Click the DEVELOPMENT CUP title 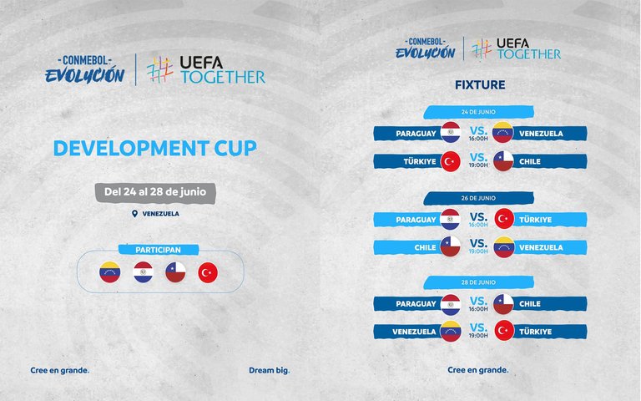(x=155, y=148)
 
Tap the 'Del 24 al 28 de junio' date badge (x=155, y=193)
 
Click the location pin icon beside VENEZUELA (x=134, y=214)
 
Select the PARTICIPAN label (x=159, y=250)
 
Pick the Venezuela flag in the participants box (x=110, y=272)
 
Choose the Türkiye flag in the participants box (x=208, y=273)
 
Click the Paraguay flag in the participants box (x=143, y=272)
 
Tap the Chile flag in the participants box (x=175, y=272)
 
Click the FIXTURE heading (x=480, y=85)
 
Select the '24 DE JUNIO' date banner (x=478, y=112)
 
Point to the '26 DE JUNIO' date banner (x=478, y=198)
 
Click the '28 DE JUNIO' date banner (x=478, y=282)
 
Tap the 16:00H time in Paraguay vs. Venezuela (x=478, y=139)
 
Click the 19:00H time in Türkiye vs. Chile (x=478, y=165)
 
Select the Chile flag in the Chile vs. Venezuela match (x=451, y=246)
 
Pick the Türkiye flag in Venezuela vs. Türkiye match (x=504, y=331)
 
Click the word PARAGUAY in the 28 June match (x=416, y=304)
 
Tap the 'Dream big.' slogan (x=270, y=371)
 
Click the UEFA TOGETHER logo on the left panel (x=206, y=70)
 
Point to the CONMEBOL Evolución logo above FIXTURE (x=425, y=48)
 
